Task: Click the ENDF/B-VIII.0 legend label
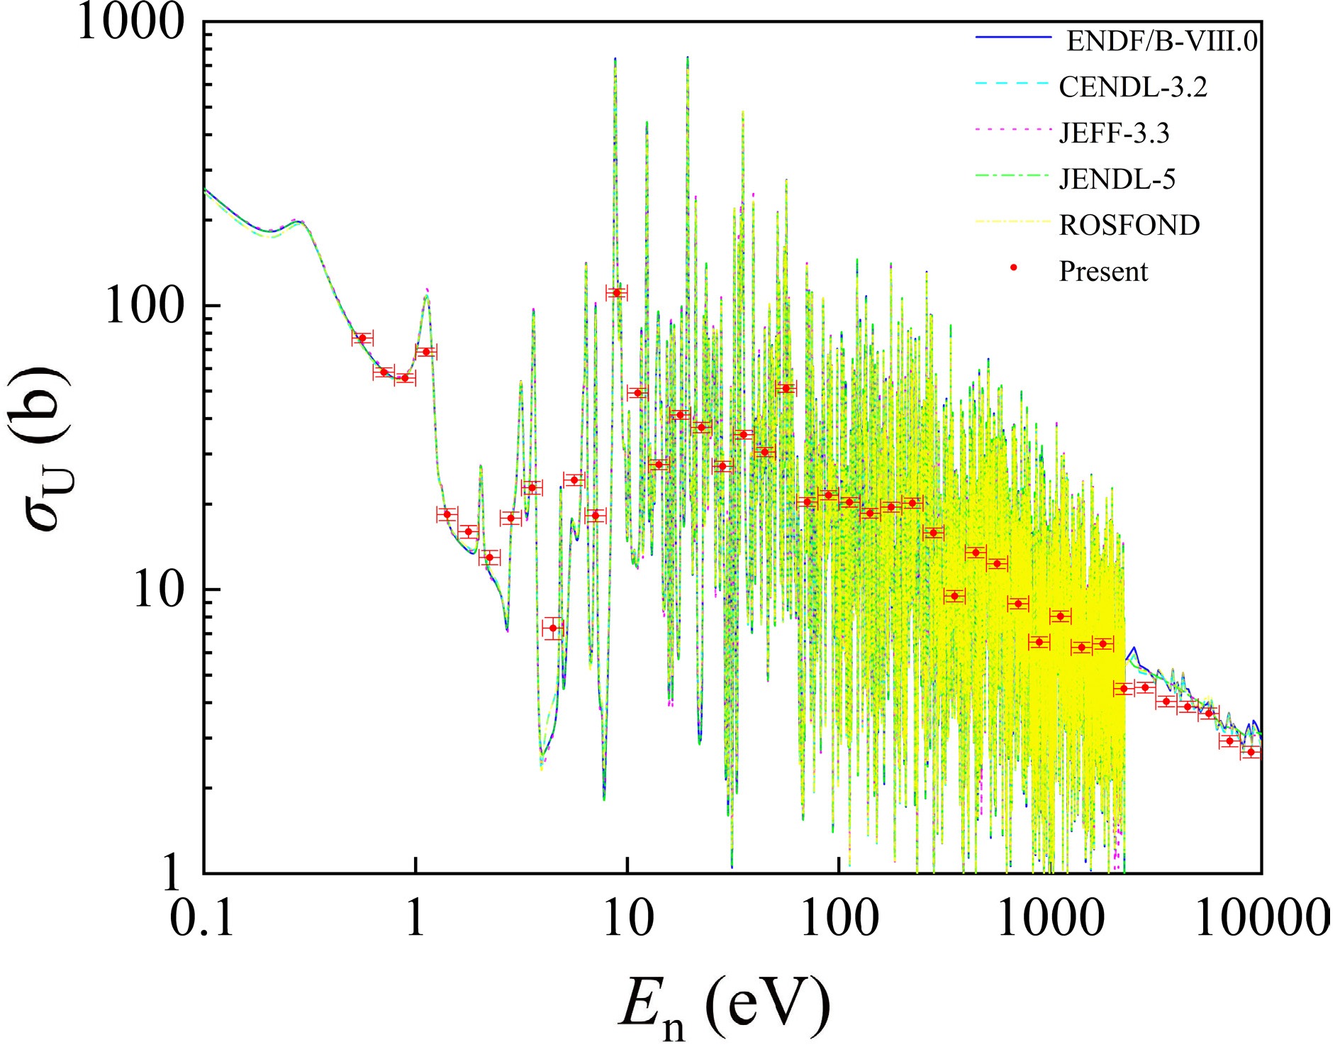coord(1161,41)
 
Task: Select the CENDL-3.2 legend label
coord(1132,87)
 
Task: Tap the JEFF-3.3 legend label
coord(1114,133)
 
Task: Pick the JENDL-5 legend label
coord(1117,179)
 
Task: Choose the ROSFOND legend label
coord(1129,225)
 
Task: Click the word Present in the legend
coord(1102,271)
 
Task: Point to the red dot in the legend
coord(1014,267)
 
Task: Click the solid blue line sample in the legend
coord(1012,37)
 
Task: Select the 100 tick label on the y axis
coord(144,306)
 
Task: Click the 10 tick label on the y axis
coord(157,590)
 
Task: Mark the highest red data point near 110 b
coord(616,292)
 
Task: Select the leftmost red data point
coord(362,338)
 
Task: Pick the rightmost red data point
coord(1251,752)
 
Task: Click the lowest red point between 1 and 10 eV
coord(553,628)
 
